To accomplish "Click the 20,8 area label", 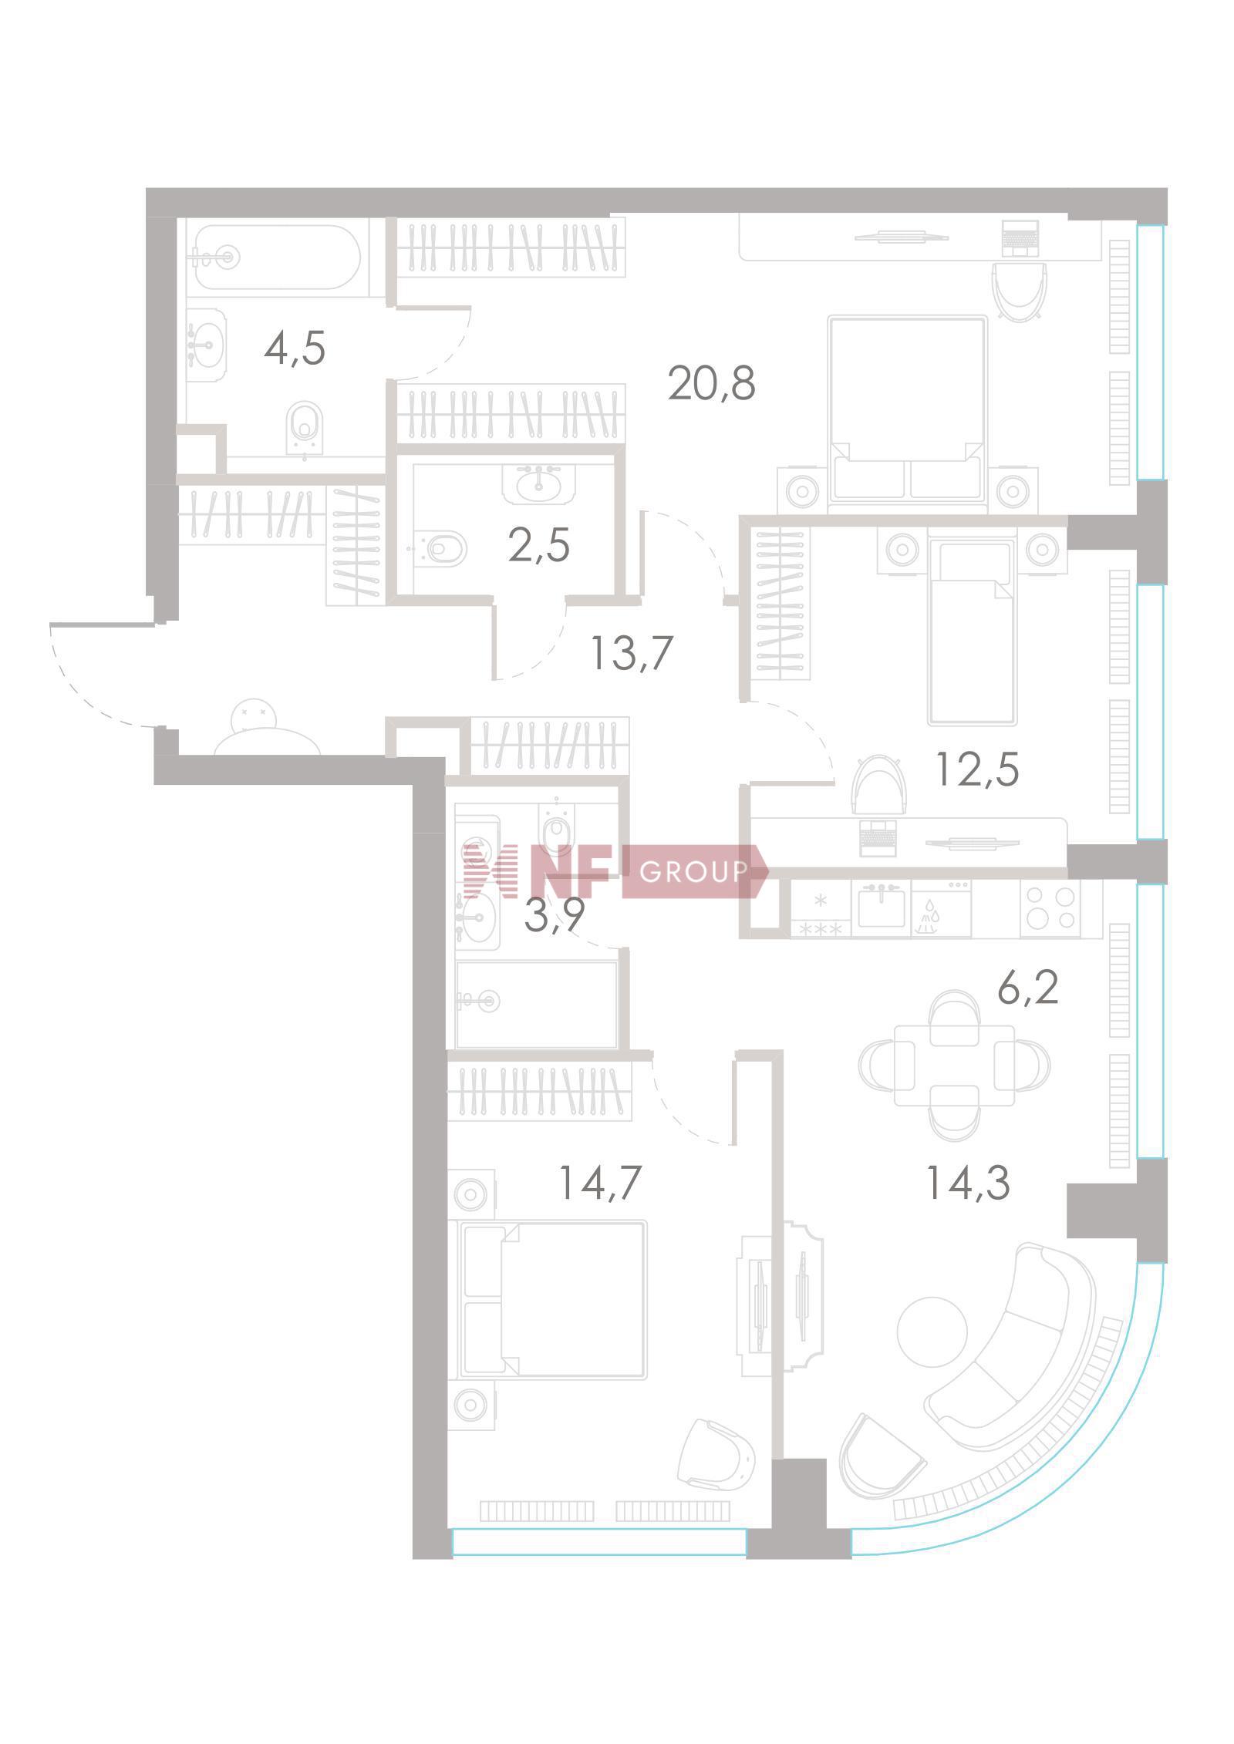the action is click(711, 383).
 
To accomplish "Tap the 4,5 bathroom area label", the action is click(295, 349).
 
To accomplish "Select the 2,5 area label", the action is click(539, 546).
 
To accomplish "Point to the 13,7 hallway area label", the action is click(632, 654).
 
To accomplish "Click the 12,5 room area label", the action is click(977, 769).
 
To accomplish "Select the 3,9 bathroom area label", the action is click(555, 916).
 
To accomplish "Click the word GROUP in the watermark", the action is click(693, 872).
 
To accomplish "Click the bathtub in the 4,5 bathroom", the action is click(276, 257).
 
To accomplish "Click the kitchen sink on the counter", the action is click(881, 905).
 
